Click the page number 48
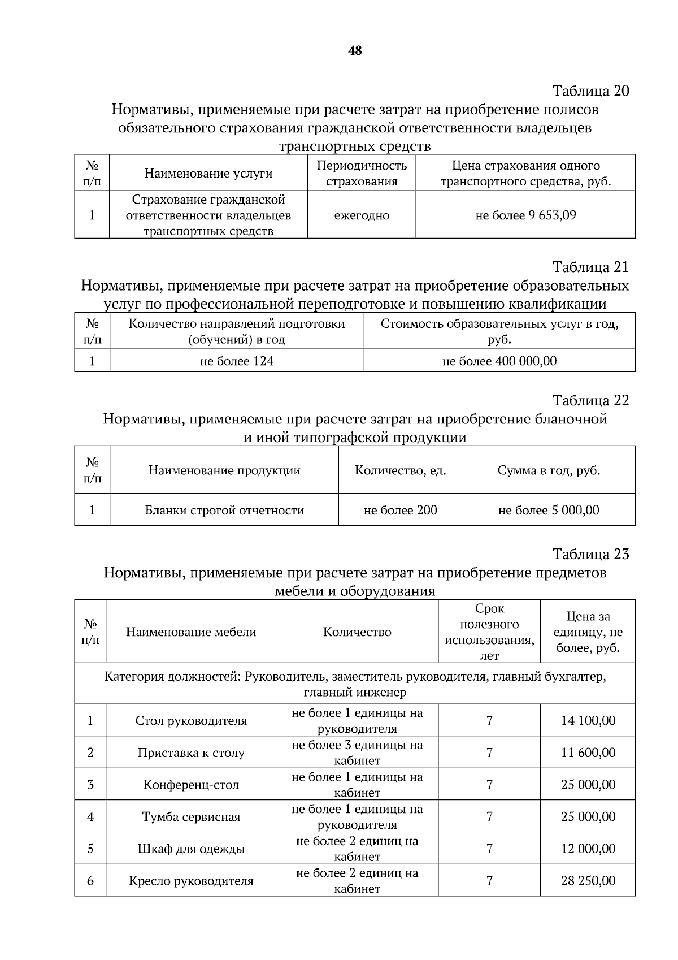coord(355,51)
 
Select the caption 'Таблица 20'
coord(590,91)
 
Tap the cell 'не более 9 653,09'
coord(525,215)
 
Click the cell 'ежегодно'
coord(362,215)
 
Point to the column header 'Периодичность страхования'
coord(362,174)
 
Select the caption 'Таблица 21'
coord(590,267)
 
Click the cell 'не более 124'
coord(236,361)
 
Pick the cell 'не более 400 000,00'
coord(499,361)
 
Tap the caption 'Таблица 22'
coord(590,401)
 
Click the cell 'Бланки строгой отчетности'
coord(224,511)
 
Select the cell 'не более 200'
coord(400,511)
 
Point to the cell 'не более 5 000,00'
coord(548,511)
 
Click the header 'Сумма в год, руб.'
coord(548,470)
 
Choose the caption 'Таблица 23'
coord(590,554)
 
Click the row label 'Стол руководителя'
coord(191,721)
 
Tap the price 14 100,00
coord(588,721)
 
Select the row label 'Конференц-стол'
coord(191,785)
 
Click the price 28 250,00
coord(588,881)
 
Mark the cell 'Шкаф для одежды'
coord(191,849)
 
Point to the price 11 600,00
coord(588,753)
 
